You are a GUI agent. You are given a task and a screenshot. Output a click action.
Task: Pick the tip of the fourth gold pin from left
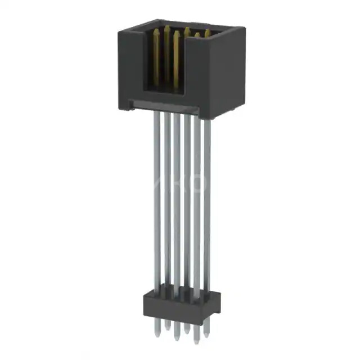coord(186,30)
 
